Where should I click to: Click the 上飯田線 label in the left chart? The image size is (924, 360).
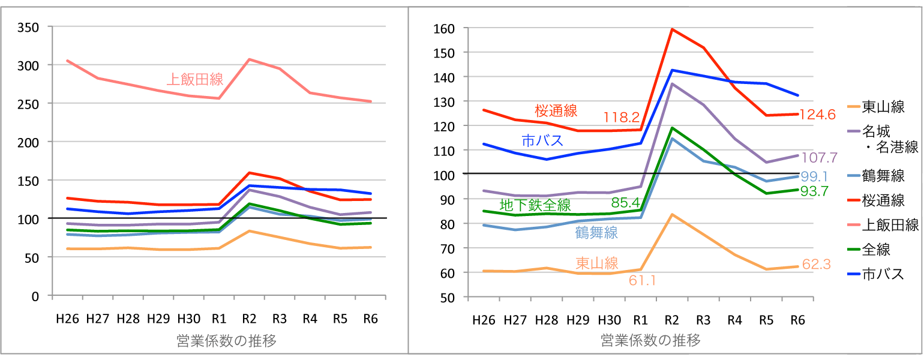[195, 79]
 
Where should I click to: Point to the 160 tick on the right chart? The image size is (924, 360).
[445, 28]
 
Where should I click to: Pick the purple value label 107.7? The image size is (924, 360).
[820, 158]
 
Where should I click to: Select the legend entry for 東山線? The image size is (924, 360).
[883, 107]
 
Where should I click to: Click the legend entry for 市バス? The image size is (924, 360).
[883, 274]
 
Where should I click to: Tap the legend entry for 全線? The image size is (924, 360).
[877, 249]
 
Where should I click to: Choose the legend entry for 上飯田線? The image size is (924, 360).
[890, 225]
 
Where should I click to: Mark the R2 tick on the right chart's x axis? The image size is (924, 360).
[672, 320]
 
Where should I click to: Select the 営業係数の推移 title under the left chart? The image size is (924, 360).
[226, 341]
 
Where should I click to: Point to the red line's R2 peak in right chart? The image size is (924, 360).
[672, 29]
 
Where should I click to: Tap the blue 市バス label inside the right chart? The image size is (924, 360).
[542, 141]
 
